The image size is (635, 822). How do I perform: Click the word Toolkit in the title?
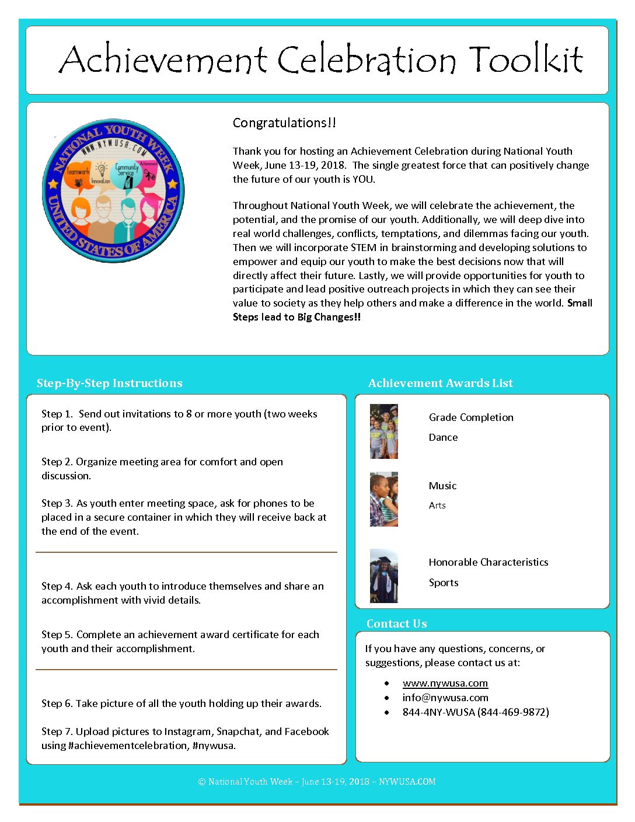[x=525, y=60]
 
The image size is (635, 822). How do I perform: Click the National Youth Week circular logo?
[x=113, y=190]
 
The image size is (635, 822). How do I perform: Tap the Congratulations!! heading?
[x=284, y=123]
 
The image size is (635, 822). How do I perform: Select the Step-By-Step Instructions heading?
[x=109, y=383]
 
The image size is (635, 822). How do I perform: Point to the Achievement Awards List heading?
[x=440, y=383]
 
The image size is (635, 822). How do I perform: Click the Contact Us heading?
[x=396, y=624]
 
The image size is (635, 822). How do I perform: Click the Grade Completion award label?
[x=471, y=417]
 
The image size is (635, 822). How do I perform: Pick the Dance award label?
[x=443, y=437]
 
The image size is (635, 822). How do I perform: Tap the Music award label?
[x=442, y=486]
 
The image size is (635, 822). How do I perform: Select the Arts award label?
[x=437, y=506]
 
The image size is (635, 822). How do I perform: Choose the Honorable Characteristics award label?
[x=489, y=562]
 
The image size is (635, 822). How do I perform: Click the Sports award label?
[x=444, y=583]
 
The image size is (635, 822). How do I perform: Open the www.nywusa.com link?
[x=445, y=683]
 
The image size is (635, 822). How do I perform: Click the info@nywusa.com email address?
[x=445, y=698]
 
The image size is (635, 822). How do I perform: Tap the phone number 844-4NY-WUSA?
[x=475, y=712]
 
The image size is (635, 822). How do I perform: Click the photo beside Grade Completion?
[x=383, y=431]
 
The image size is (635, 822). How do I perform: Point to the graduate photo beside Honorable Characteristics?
[x=383, y=576]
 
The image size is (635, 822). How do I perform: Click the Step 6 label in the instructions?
[x=57, y=703]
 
